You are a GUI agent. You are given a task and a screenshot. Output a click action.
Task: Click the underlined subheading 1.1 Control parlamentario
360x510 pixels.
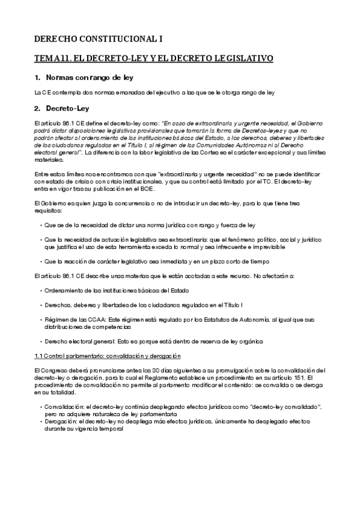[x=95, y=356]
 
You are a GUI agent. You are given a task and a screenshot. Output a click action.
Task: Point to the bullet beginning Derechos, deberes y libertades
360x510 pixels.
[x=144, y=306]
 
